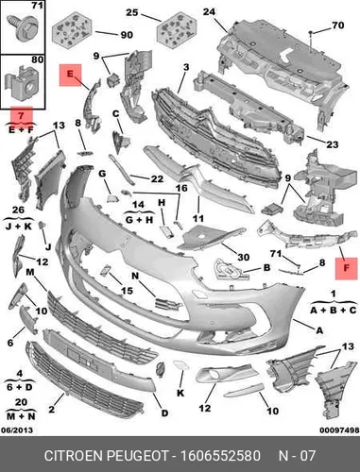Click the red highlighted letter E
point(70,75)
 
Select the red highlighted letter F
point(346,268)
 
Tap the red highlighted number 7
point(21,115)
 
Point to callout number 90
point(127,34)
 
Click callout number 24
point(209,12)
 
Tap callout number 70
point(338,25)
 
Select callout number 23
point(333,144)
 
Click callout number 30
point(243,258)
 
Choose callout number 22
point(157,179)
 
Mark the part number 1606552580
point(220,456)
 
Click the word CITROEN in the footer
point(74,456)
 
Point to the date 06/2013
point(17,430)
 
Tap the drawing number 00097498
point(339,430)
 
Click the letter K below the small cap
point(180,393)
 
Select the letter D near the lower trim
point(164,413)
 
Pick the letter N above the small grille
point(135,276)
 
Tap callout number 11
point(198,218)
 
